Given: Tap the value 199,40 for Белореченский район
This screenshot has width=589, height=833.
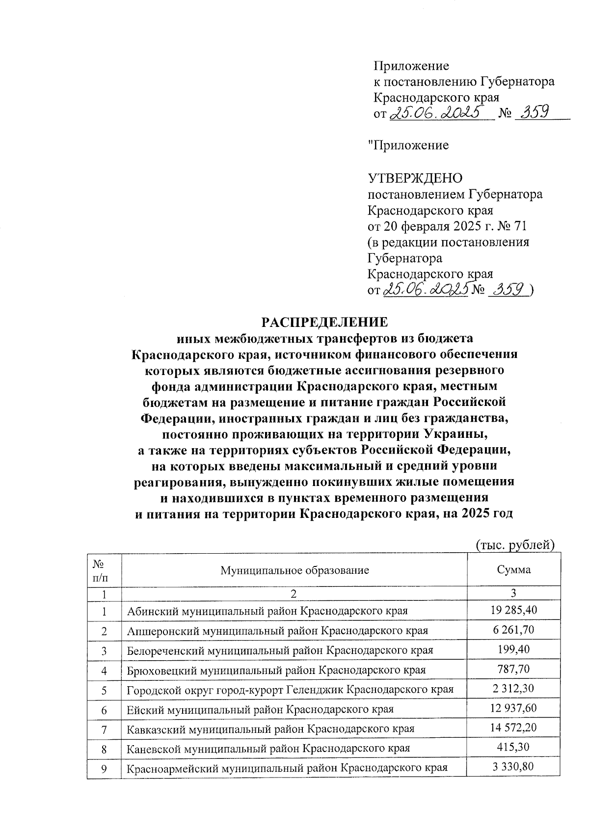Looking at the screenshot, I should tap(513, 649).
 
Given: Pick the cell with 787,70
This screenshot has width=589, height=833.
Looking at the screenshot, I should tap(513, 669).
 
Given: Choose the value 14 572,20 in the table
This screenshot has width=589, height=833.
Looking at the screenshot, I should tap(513, 727).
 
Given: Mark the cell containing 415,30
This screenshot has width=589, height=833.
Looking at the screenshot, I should tap(513, 747).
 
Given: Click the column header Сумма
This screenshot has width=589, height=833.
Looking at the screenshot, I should tap(513, 570).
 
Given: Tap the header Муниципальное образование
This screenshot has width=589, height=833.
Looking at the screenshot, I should tap(294, 570).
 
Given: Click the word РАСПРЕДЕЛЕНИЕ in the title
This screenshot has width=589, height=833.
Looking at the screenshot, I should tap(324, 322).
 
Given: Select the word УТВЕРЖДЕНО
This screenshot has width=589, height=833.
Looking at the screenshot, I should tap(415, 178).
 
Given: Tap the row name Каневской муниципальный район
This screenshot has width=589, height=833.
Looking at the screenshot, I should tap(268, 749).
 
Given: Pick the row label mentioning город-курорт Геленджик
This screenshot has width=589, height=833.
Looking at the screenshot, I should tap(290, 690).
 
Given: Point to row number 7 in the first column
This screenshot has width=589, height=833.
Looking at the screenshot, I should tap(104, 729).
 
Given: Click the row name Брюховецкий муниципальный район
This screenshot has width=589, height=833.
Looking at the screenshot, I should tap(276, 671).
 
